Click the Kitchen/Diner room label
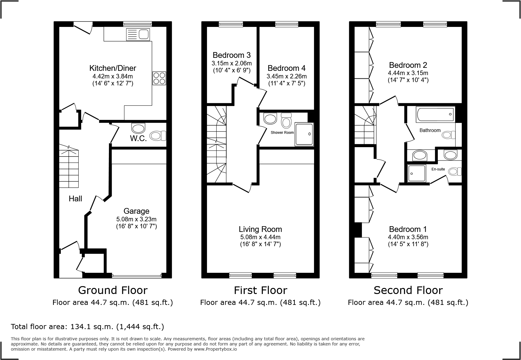tap(113, 68)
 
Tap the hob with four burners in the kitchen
tap(159, 78)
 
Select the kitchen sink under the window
tap(138, 34)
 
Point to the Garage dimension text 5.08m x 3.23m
tap(136, 219)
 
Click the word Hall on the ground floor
tap(75, 199)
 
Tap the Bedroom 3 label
tap(231, 55)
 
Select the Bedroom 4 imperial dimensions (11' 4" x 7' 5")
tap(287, 83)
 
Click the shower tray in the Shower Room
tap(304, 134)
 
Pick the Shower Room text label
tap(282, 133)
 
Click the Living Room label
tap(260, 229)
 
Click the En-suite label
tap(438, 169)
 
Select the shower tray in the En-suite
tap(417, 173)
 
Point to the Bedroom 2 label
tap(408, 65)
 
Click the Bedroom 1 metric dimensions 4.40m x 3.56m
tap(408, 237)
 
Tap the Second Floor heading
tap(408, 290)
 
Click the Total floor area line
tap(87, 327)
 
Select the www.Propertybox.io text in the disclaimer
tap(215, 349)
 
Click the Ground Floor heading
tap(113, 290)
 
